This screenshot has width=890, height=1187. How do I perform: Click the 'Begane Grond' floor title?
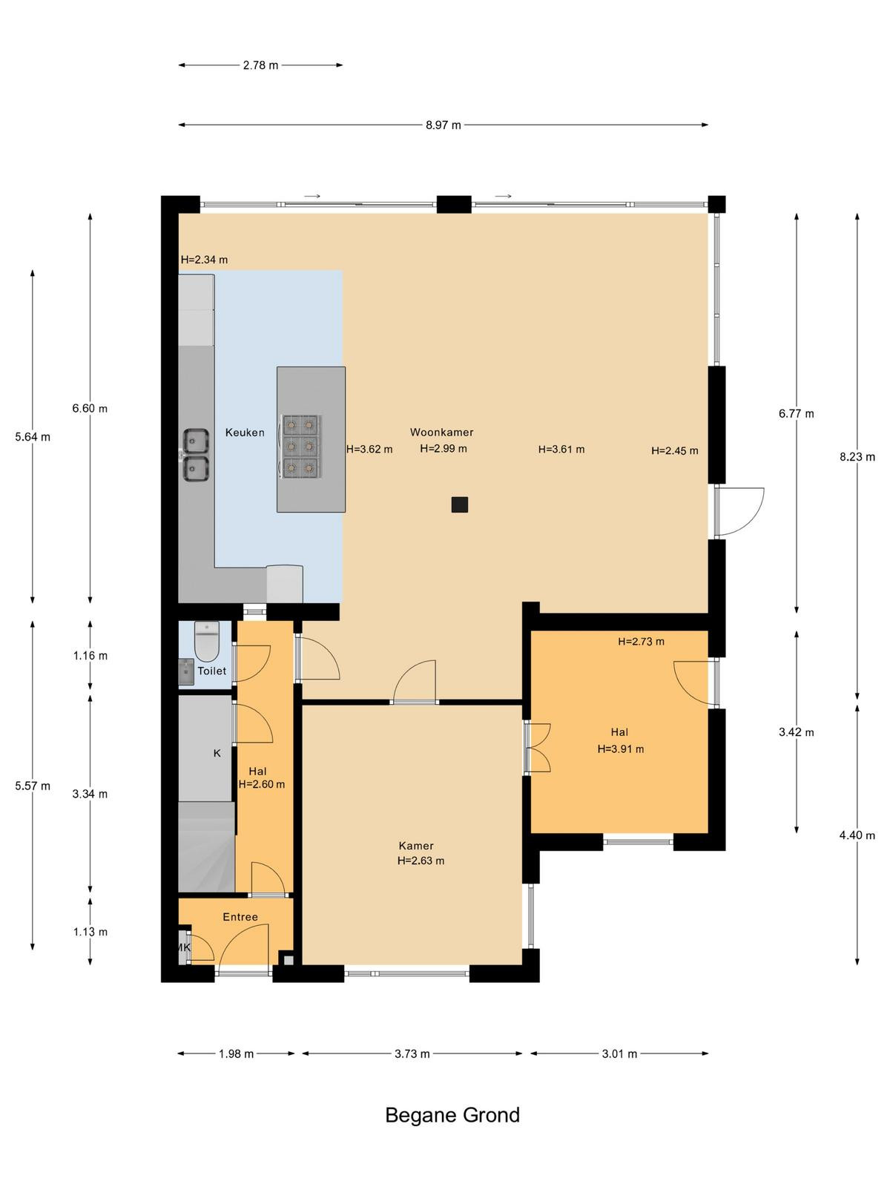click(452, 1116)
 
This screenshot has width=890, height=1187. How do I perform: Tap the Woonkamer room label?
click(441, 432)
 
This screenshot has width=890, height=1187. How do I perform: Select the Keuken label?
click(245, 432)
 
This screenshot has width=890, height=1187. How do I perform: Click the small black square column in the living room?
click(459, 504)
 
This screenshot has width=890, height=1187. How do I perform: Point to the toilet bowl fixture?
click(206, 642)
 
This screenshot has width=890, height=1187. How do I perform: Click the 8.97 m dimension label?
click(443, 125)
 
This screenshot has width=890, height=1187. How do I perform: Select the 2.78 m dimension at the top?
click(260, 65)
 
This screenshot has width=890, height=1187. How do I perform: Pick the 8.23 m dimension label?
click(857, 457)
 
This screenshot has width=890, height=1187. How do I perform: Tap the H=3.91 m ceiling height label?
click(620, 749)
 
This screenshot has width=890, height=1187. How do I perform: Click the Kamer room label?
click(416, 846)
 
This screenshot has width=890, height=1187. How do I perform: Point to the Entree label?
click(240, 917)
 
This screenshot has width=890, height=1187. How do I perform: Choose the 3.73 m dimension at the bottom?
click(412, 1054)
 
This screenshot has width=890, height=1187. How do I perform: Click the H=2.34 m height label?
click(204, 260)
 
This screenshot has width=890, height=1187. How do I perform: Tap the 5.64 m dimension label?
click(33, 437)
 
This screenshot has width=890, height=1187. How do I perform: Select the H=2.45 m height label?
click(674, 450)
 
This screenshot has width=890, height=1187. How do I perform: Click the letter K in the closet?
click(217, 753)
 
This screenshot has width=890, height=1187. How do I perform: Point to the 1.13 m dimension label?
click(90, 932)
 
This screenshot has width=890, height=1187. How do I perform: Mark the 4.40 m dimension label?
click(857, 835)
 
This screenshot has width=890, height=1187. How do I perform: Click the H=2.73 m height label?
click(642, 642)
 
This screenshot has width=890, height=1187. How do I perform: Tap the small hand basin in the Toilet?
click(186, 671)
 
